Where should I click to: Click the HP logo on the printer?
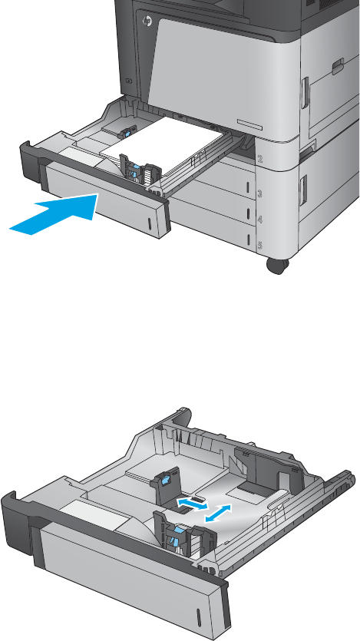point(147,21)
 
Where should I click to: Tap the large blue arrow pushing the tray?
point(54,214)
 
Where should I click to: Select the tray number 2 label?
point(260,159)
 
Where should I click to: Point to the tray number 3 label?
point(259,193)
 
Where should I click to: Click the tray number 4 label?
point(259,220)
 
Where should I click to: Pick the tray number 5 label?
point(259,246)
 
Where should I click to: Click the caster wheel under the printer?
point(277,266)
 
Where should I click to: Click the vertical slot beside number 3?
point(247,187)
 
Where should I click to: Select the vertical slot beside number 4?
point(247,213)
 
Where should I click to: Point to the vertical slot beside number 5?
point(247,240)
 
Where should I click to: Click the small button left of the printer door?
point(128,81)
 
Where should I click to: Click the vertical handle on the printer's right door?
point(304,93)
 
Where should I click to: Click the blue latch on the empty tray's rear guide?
point(166,481)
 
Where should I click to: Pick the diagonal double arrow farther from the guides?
point(218,513)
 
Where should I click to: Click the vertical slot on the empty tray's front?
point(199,616)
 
